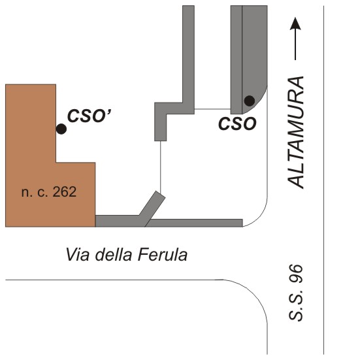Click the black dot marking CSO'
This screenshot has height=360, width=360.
(61, 129)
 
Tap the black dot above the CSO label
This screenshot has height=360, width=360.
(250, 101)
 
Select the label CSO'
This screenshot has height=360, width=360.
(89, 116)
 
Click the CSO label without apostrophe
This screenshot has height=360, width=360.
(237, 123)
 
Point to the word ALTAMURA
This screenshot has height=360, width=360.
(296, 133)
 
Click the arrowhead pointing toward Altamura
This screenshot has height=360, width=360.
(295, 24)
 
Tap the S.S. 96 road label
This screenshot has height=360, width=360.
(296, 293)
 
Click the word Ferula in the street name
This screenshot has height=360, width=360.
(163, 255)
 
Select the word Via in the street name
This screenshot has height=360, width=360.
(77, 255)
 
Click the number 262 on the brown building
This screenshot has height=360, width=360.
(65, 191)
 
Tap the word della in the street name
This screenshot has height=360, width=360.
(114, 255)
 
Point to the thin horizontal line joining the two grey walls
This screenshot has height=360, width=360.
(212, 109)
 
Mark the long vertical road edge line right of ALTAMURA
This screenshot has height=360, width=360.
(323, 180)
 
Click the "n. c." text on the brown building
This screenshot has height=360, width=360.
(35, 192)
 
